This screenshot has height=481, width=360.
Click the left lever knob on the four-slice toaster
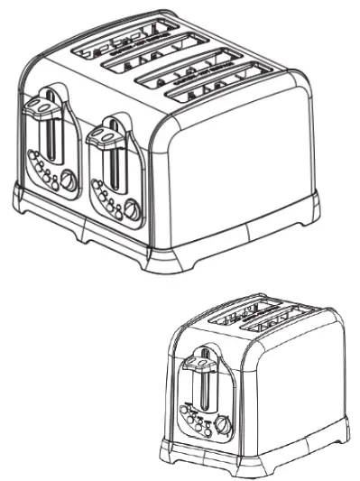[x=40, y=109]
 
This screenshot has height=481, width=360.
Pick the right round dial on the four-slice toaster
[x=132, y=210]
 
